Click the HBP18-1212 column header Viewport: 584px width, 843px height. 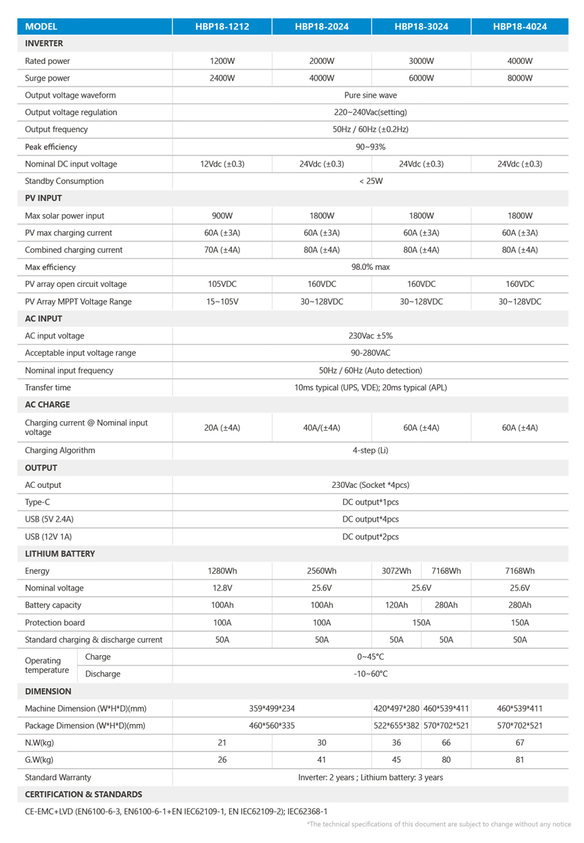(x=221, y=27)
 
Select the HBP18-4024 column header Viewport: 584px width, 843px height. (x=519, y=27)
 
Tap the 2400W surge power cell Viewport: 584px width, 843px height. (x=221, y=78)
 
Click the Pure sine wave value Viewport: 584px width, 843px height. (x=371, y=95)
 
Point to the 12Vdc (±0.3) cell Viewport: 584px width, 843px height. (x=221, y=164)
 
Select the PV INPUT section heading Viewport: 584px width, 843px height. (x=43, y=198)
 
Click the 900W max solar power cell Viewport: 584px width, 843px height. (x=221, y=215)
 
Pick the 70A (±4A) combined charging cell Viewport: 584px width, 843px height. (x=221, y=250)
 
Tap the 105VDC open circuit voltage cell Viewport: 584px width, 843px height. (x=221, y=284)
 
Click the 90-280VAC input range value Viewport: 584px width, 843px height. (x=371, y=353)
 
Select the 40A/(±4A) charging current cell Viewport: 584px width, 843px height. (x=322, y=428)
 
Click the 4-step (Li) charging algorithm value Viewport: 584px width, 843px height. (x=371, y=451)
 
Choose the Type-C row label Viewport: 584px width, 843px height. (x=37, y=502)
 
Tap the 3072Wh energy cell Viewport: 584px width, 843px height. (x=396, y=570)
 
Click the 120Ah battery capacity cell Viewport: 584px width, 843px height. (x=396, y=605)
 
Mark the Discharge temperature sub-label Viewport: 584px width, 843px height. (x=102, y=674)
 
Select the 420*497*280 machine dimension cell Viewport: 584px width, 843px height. (x=396, y=708)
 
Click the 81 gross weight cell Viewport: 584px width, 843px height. (x=519, y=760)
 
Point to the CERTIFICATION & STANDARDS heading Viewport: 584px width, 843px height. (x=83, y=794)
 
